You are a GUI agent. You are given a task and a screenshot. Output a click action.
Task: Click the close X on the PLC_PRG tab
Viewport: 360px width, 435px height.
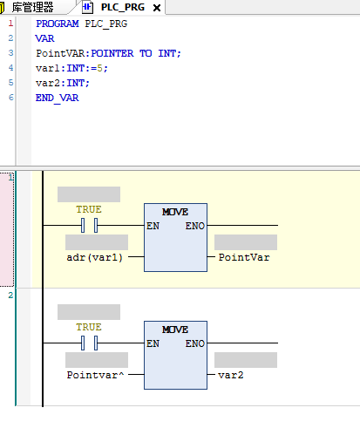[x=157, y=8]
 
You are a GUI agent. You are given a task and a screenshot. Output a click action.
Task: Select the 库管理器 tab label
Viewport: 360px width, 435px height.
[x=32, y=7]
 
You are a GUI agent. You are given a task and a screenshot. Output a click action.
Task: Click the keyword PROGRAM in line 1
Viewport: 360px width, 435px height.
[x=58, y=24]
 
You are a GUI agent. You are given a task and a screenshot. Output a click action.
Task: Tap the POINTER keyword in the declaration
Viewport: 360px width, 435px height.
[x=112, y=53]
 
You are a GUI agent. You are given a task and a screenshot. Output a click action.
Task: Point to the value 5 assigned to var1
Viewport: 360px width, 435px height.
[x=99, y=68]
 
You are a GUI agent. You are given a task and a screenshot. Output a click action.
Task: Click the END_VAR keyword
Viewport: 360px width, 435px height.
[x=57, y=98]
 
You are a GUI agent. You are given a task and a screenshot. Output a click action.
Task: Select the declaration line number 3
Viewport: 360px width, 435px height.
[x=10, y=53]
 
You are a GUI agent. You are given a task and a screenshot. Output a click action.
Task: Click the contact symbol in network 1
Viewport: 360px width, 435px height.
[x=89, y=225]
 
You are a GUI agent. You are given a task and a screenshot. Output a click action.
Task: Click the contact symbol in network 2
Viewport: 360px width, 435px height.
[x=89, y=343]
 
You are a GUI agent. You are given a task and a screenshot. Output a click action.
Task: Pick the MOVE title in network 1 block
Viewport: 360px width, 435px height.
[x=175, y=212]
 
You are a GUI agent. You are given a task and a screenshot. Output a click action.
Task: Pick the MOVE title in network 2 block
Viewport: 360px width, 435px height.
[x=175, y=330]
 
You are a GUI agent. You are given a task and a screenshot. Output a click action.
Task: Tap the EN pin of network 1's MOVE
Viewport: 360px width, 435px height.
[x=153, y=226]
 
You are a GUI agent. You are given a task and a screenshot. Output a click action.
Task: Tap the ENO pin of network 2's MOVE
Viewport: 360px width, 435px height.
[x=195, y=343]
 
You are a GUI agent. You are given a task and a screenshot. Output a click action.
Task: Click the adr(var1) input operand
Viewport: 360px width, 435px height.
[x=95, y=257]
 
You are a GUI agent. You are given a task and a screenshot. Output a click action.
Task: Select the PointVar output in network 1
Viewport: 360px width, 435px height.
[x=244, y=257]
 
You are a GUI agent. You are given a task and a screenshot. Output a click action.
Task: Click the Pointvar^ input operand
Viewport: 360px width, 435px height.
[x=95, y=375]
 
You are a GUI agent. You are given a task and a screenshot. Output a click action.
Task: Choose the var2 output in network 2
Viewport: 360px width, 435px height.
[x=231, y=375]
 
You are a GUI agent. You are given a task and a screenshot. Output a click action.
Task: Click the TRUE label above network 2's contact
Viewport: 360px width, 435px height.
[x=89, y=327]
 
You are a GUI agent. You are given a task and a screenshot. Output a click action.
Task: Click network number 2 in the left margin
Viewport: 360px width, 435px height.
[x=10, y=296]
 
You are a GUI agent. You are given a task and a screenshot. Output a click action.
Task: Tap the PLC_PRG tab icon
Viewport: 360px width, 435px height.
[x=87, y=8]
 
